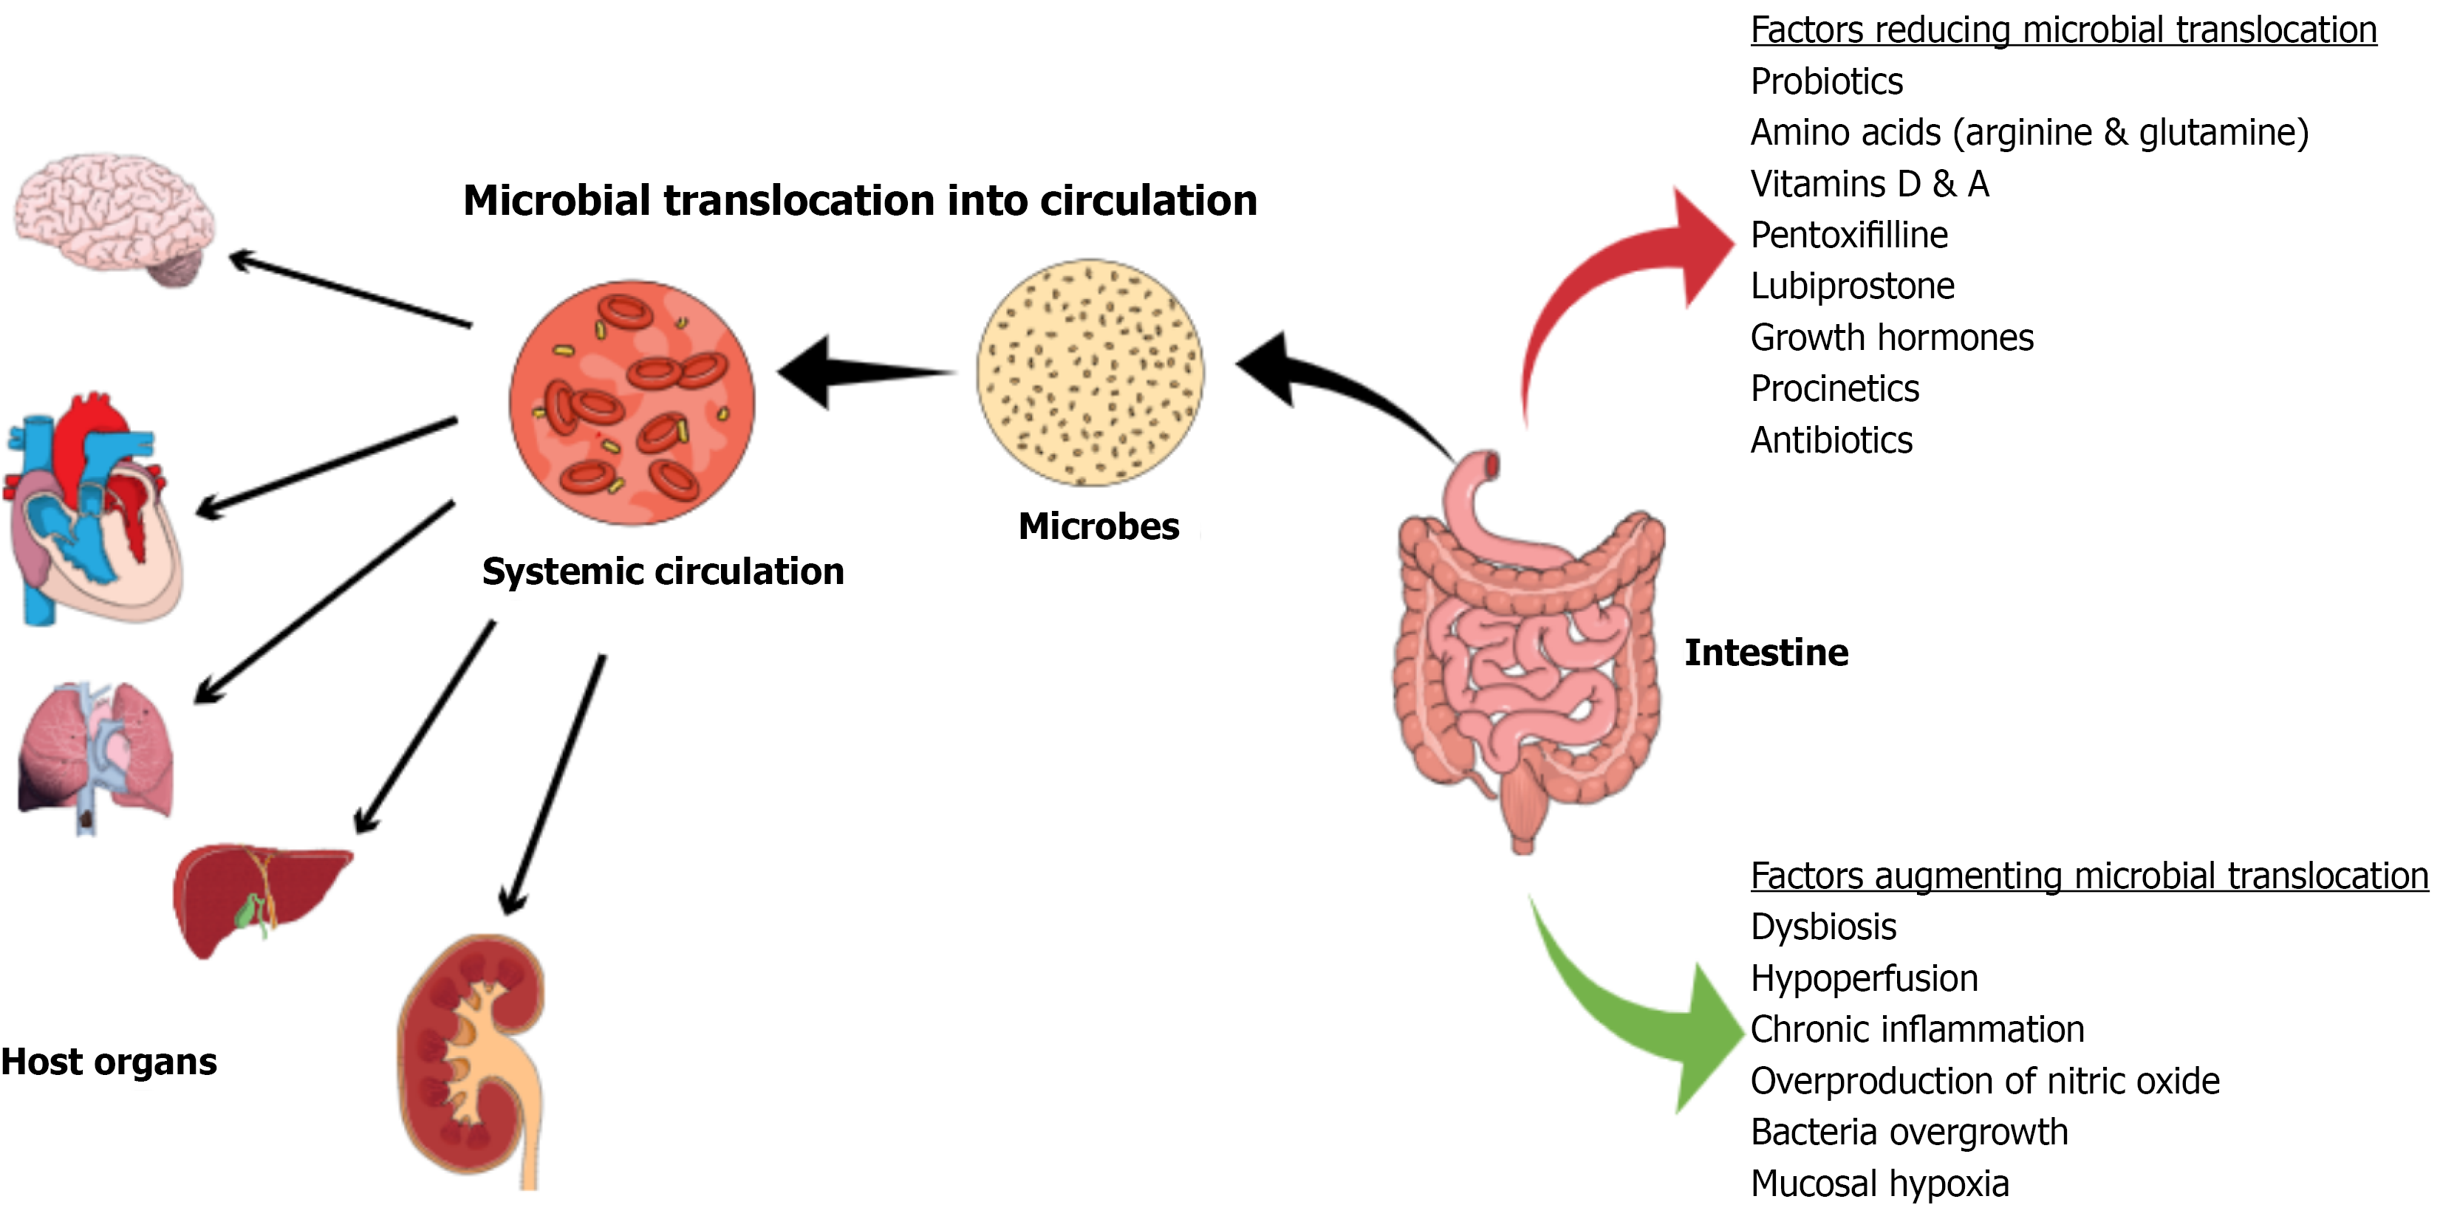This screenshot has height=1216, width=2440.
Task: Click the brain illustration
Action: [114, 218]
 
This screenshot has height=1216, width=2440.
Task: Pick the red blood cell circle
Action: [632, 402]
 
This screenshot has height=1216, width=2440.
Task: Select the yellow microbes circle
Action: [1090, 373]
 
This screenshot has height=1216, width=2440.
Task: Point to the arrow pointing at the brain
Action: [350, 289]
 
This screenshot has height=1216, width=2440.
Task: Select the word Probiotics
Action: [1826, 81]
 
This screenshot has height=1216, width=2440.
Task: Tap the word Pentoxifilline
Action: [1849, 235]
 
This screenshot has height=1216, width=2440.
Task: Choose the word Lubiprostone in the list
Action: [1852, 286]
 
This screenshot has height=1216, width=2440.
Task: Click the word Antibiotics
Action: [1831, 440]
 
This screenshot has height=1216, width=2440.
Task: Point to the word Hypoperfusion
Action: [1864, 978]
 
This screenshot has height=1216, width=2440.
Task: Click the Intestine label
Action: [1766, 653]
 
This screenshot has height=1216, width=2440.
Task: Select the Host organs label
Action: [109, 1062]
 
